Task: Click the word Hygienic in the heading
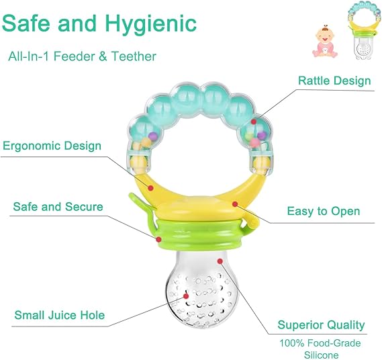coord(151,24)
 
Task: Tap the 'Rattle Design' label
coord(334,81)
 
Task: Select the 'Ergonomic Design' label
coord(52,146)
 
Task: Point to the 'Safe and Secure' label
coord(58,207)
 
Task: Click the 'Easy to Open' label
coord(324,211)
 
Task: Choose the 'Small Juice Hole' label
coord(60,315)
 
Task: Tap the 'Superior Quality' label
coord(321,325)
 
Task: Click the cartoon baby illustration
coord(325,41)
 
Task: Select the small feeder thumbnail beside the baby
coord(365,30)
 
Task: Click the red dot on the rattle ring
coord(254,122)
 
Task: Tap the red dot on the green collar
coord(159,239)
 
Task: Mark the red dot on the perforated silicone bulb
coord(186,296)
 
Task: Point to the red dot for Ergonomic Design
coord(151,188)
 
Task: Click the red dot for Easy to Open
coord(235,204)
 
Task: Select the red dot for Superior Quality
coord(220,261)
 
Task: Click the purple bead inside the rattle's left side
coord(153,136)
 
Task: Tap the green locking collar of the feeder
coord(199,234)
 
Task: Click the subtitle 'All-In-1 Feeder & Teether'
coord(82,56)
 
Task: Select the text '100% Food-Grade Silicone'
coord(320,349)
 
